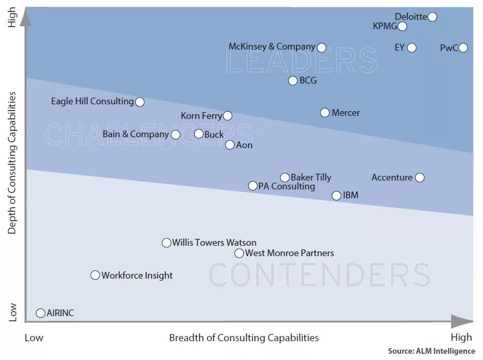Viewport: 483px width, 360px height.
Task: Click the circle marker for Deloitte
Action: point(432,17)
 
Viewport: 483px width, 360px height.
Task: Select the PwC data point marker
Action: point(463,48)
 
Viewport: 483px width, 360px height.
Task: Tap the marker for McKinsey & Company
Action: point(322,47)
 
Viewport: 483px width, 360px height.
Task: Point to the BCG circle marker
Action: point(293,80)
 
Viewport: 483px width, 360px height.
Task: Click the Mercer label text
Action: point(346,113)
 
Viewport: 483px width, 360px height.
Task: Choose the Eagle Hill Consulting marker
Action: point(140,102)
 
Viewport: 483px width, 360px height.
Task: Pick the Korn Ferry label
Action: point(201,116)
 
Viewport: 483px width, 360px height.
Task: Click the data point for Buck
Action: point(198,134)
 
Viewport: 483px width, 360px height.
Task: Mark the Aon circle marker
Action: point(230,145)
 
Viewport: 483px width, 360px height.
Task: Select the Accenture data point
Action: point(419,177)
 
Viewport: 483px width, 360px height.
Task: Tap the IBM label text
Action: point(350,196)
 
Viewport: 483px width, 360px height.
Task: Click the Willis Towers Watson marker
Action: point(167,243)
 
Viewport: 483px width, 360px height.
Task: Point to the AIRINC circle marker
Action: point(40,313)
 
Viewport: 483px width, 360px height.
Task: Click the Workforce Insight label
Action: point(137,275)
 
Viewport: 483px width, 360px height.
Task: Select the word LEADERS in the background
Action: point(301,61)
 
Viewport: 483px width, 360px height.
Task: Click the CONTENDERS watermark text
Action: point(320,275)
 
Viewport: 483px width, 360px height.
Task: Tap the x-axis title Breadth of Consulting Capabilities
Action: point(244,338)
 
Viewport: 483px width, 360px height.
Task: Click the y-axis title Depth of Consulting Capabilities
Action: point(12,163)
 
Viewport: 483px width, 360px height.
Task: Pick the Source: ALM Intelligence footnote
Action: point(431,351)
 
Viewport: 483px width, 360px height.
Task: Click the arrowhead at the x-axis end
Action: point(462,321)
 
